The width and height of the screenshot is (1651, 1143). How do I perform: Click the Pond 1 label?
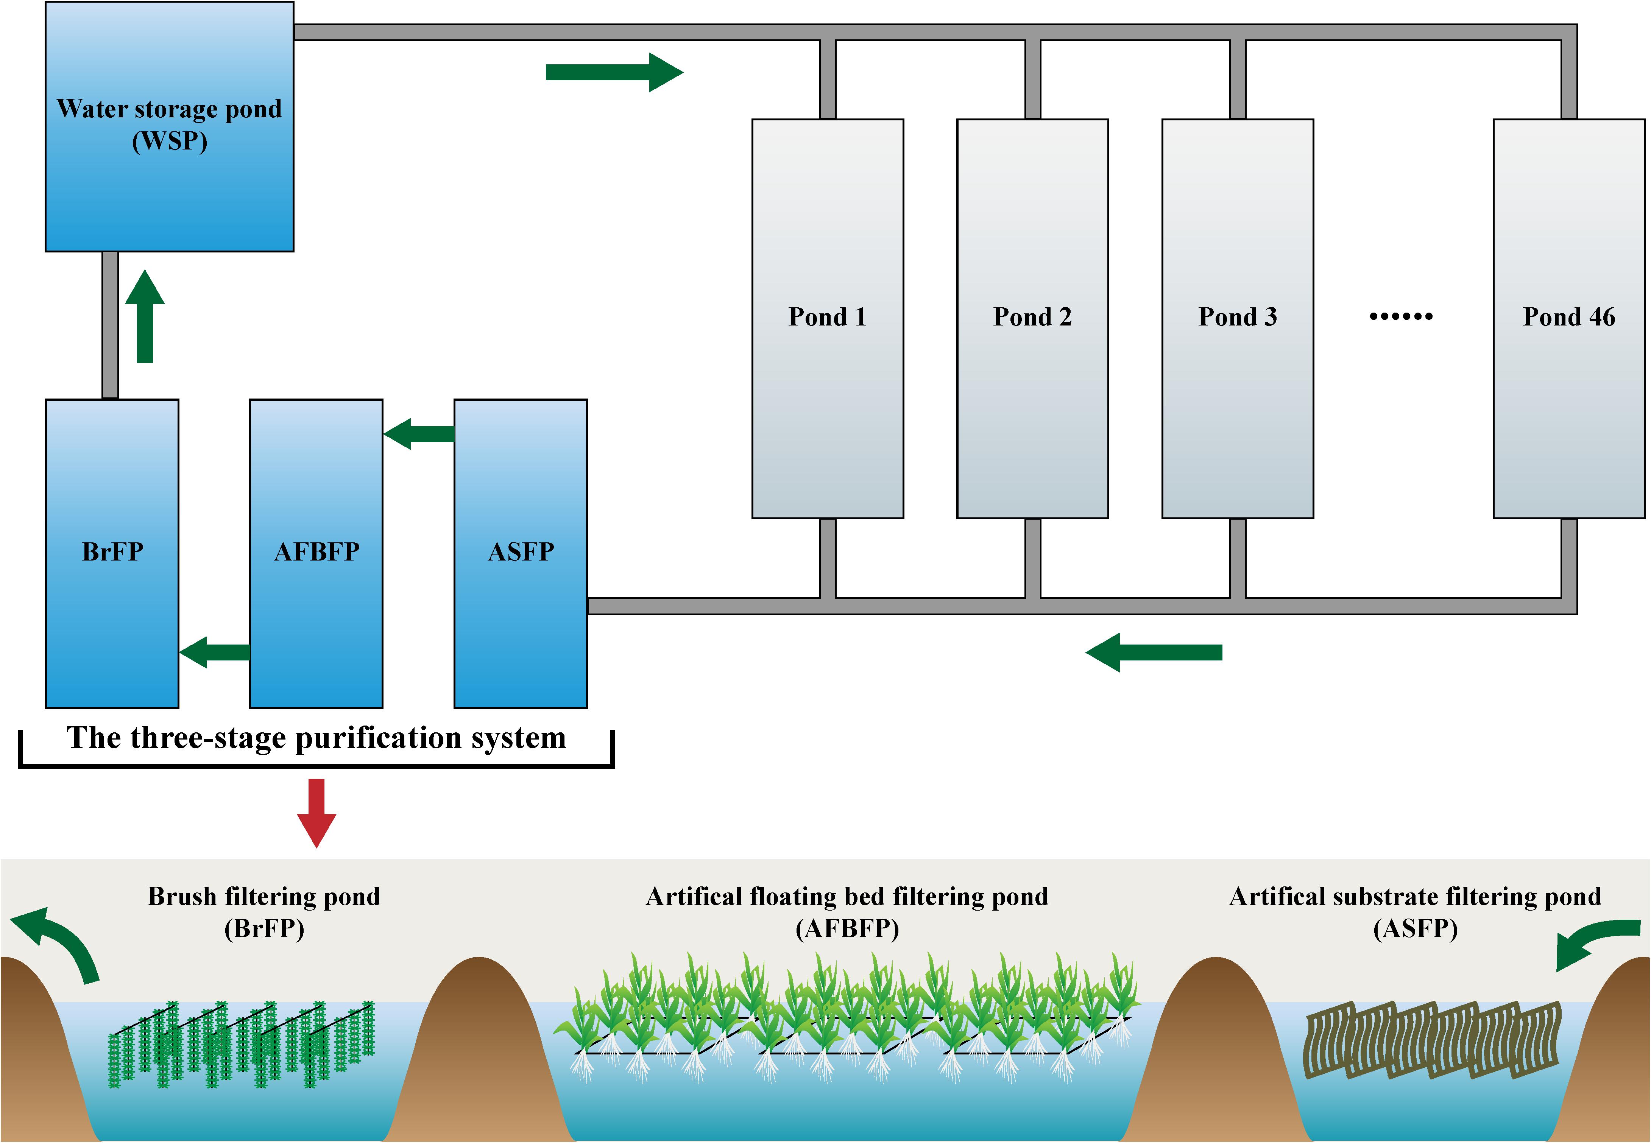tap(827, 316)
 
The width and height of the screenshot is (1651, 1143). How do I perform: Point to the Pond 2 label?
tap(1032, 316)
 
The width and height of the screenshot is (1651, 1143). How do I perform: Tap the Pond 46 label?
tap(1568, 316)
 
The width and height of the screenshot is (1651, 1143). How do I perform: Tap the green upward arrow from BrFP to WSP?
tap(145, 316)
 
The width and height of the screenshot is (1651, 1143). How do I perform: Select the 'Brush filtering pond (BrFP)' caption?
tap(264, 912)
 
